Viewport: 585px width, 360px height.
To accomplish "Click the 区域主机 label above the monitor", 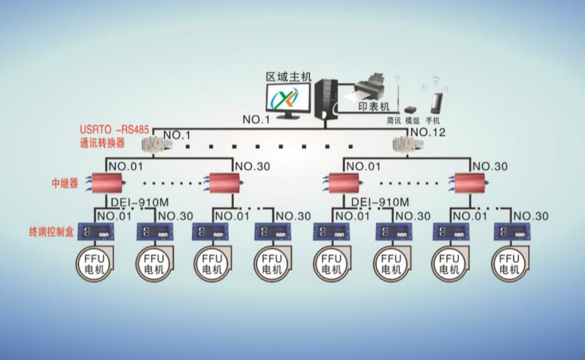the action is (x=288, y=77).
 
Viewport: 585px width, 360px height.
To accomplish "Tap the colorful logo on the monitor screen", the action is (x=285, y=98).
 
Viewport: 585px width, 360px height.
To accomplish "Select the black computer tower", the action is (x=326, y=99).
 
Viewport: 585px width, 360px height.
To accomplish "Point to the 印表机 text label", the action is (x=374, y=107).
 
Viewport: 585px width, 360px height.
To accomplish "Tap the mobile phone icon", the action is (x=436, y=103).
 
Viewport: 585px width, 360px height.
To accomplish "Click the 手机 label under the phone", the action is (x=433, y=121).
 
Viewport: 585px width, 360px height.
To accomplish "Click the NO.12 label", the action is (x=428, y=132).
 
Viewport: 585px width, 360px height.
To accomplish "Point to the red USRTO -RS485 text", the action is (x=114, y=130).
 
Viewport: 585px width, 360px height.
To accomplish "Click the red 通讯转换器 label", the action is (x=102, y=143).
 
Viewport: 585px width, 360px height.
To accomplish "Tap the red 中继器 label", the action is (x=65, y=183).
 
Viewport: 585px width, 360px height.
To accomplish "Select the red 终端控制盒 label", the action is (x=51, y=232).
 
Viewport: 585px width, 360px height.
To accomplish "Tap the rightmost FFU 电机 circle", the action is (x=509, y=264).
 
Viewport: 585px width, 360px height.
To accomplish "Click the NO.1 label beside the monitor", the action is (x=256, y=119).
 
